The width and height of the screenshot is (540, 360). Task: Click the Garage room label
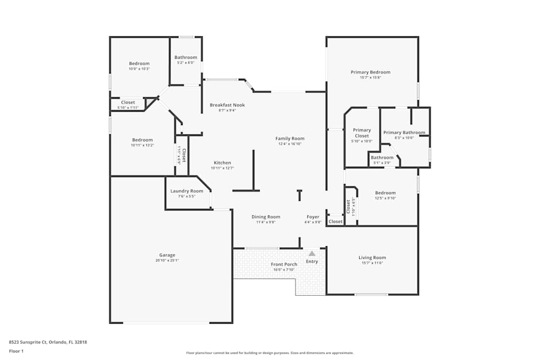167,255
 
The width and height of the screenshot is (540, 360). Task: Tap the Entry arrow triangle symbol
312,253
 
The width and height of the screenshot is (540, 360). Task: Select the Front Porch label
284,264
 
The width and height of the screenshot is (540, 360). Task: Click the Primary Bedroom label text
370,72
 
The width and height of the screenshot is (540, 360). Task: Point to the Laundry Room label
187,191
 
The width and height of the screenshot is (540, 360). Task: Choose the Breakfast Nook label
227,105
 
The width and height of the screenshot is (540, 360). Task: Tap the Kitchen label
222,162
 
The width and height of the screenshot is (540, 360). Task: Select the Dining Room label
266,217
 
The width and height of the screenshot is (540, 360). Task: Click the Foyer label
313,217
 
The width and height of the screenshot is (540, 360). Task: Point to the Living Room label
372,257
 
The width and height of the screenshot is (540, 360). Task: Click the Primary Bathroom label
404,132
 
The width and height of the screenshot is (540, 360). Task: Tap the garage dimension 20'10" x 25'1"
167,261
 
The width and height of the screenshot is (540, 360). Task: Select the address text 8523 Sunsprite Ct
28,342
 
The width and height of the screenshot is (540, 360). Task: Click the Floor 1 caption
16,351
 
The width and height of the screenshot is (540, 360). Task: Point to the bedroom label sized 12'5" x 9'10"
386,193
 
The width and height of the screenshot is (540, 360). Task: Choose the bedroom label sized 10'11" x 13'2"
143,140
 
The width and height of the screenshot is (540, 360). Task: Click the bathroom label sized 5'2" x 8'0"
186,57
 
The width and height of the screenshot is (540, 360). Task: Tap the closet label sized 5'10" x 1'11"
128,102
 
